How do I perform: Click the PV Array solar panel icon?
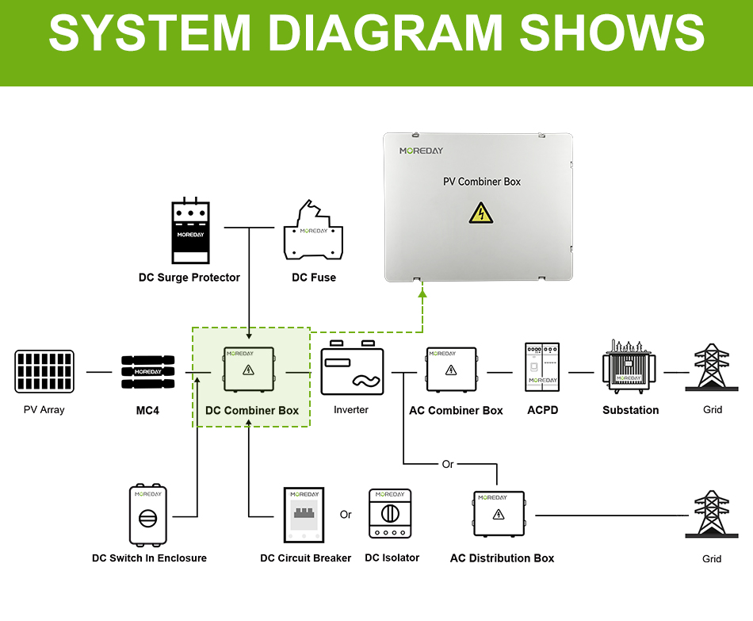click(44, 371)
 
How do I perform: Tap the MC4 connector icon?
click(148, 372)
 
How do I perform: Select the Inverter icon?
click(352, 368)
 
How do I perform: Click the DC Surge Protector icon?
click(191, 230)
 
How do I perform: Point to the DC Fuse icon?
click(313, 230)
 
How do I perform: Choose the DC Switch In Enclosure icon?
click(148, 514)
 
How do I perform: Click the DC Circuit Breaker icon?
click(304, 515)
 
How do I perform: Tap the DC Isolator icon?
click(390, 513)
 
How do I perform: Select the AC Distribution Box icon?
click(499, 513)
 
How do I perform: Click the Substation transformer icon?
click(629, 366)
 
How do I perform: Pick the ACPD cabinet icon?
click(543, 366)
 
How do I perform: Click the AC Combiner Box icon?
click(452, 370)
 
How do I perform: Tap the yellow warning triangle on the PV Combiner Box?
click(480, 213)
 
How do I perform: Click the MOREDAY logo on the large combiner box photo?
click(421, 151)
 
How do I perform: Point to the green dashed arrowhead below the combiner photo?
click(422, 293)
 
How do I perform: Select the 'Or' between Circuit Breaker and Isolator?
click(346, 514)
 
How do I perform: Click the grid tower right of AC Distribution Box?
click(712, 513)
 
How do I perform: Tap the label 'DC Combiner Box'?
click(252, 411)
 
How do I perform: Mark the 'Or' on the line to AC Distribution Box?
click(448, 464)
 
